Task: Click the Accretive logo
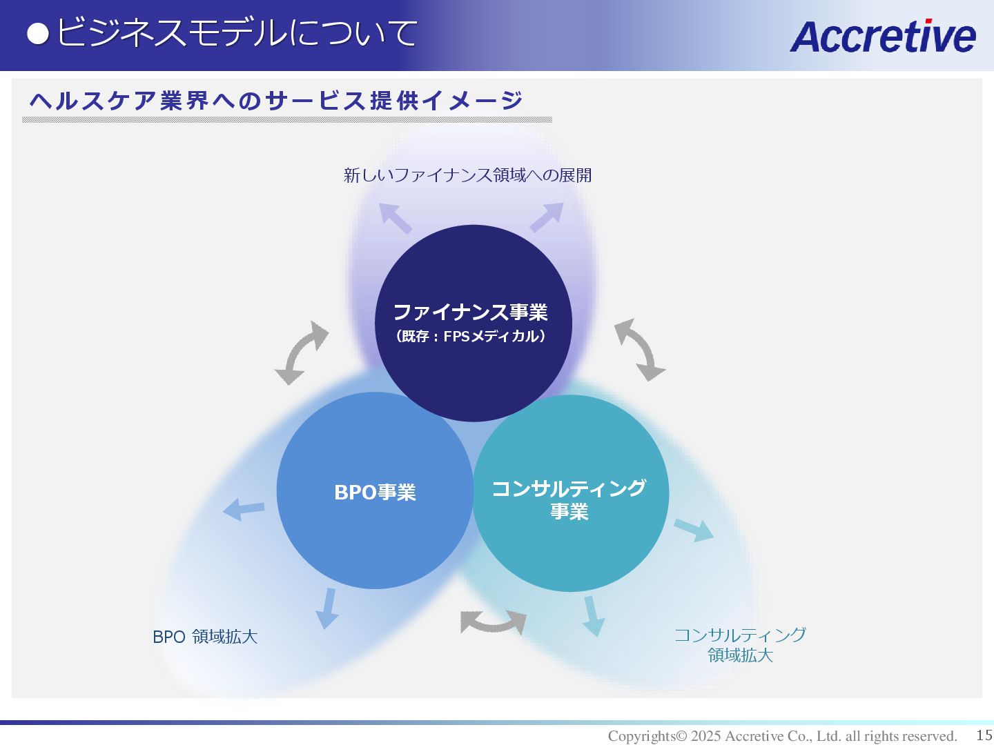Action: click(882, 36)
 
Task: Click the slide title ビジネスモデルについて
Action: click(237, 33)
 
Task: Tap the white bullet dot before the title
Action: click(38, 34)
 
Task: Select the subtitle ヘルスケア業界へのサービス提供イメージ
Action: click(276, 101)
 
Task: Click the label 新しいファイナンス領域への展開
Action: click(467, 175)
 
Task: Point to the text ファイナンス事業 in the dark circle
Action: click(470, 312)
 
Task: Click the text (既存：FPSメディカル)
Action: click(471, 337)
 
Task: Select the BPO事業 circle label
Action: click(375, 493)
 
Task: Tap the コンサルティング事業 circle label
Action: click(569, 499)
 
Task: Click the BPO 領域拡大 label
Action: click(205, 637)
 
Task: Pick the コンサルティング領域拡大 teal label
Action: click(740, 644)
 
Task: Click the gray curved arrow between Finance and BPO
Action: click(302, 352)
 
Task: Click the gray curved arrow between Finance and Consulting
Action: click(640, 350)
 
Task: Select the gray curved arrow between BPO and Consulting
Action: click(493, 622)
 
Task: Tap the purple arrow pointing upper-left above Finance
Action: click(396, 218)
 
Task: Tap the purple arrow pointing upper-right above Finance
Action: click(547, 217)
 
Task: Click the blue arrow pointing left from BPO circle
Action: click(243, 510)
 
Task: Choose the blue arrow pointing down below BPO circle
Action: click(327, 608)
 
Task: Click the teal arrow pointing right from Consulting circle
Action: click(694, 530)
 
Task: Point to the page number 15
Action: click(984, 735)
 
